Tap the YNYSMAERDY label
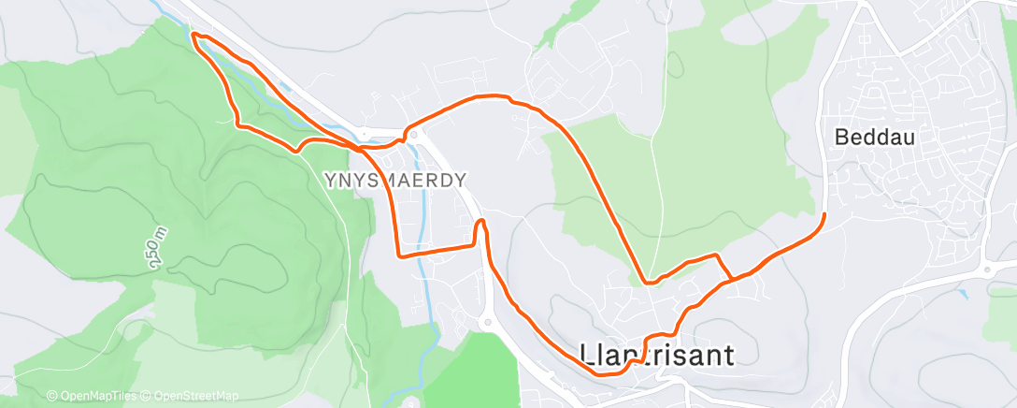click(x=394, y=180)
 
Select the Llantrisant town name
click(x=657, y=354)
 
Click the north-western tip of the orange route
click(x=193, y=35)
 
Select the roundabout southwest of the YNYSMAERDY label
click(x=485, y=323)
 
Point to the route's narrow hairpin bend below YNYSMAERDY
click(x=480, y=222)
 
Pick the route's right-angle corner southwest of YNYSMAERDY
click(x=400, y=254)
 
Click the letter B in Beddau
click(x=840, y=138)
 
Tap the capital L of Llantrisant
click(x=587, y=354)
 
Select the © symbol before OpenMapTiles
click(x=51, y=396)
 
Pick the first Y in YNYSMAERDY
click(x=331, y=180)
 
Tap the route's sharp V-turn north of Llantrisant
click(x=648, y=281)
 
